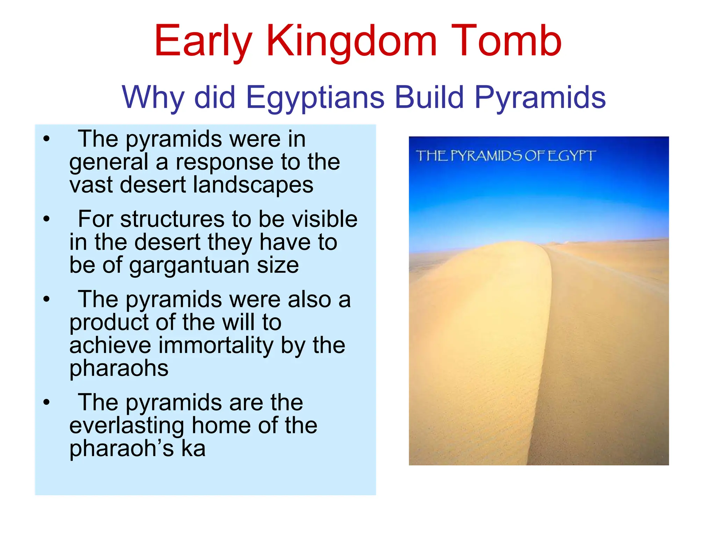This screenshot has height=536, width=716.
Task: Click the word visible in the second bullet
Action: coord(324,219)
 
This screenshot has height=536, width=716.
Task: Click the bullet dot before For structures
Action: coord(46,219)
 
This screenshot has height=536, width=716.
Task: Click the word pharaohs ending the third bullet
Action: coord(119,368)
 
